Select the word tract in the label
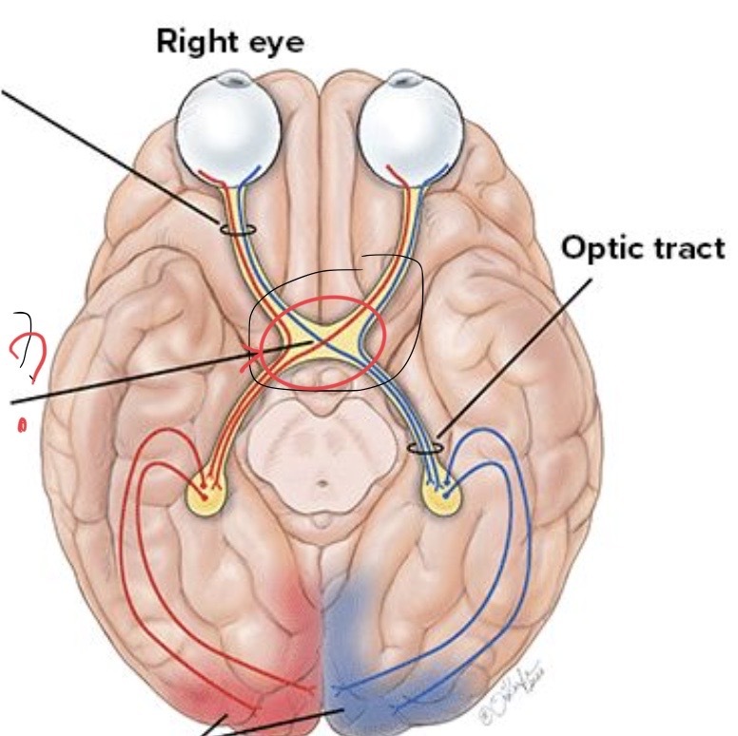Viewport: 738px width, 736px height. pos(687,248)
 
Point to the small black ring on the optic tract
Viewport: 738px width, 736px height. pos(425,445)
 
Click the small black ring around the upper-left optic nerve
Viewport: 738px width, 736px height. pos(237,229)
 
